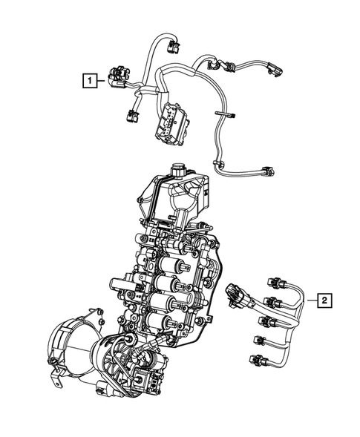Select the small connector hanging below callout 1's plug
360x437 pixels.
pyautogui.click(x=132, y=115)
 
